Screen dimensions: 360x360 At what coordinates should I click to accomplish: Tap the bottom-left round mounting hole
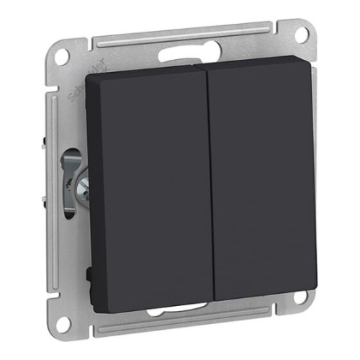tap(64, 322)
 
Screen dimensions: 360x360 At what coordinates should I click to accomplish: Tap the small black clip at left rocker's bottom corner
tap(89, 274)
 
